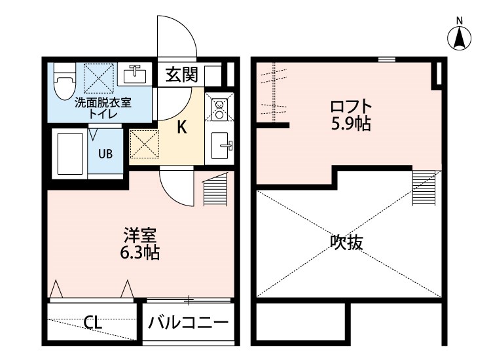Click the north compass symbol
[x=460, y=37]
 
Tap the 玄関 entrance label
[x=181, y=74]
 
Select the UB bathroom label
[x=105, y=154]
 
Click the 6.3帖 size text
[x=141, y=252]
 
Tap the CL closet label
[x=92, y=322]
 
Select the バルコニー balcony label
[x=187, y=322]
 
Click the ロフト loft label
[x=351, y=105]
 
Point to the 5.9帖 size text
[x=351, y=123]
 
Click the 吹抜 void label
[x=346, y=243]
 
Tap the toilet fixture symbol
[x=64, y=82]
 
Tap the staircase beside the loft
[x=423, y=187]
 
